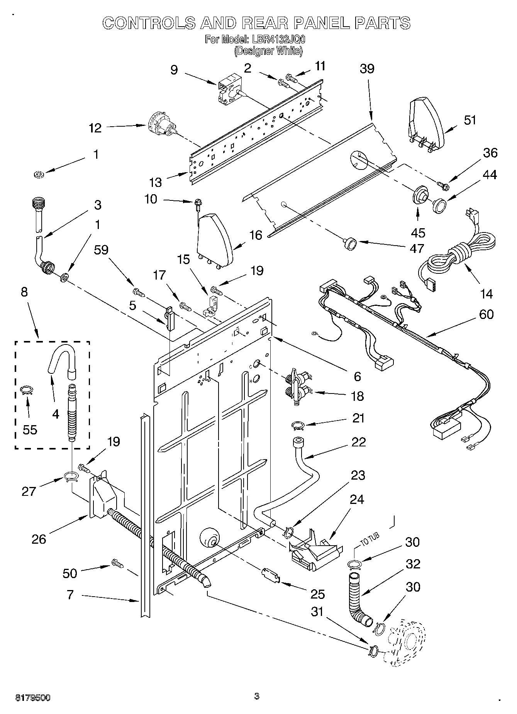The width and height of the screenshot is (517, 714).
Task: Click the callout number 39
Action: [367, 69]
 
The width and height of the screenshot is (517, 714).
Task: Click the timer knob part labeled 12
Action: [162, 125]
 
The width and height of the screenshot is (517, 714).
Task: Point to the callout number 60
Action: [486, 314]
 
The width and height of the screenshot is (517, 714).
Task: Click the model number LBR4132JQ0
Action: [277, 39]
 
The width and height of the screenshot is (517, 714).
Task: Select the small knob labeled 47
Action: [350, 244]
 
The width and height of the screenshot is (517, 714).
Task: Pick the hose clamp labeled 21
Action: [298, 426]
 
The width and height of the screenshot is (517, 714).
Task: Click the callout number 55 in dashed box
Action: [30, 429]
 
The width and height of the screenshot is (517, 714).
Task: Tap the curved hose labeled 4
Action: [62, 357]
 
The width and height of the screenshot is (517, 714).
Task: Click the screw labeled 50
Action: [117, 564]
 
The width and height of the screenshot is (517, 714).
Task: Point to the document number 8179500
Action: [33, 697]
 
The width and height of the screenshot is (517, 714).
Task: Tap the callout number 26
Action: [39, 539]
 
